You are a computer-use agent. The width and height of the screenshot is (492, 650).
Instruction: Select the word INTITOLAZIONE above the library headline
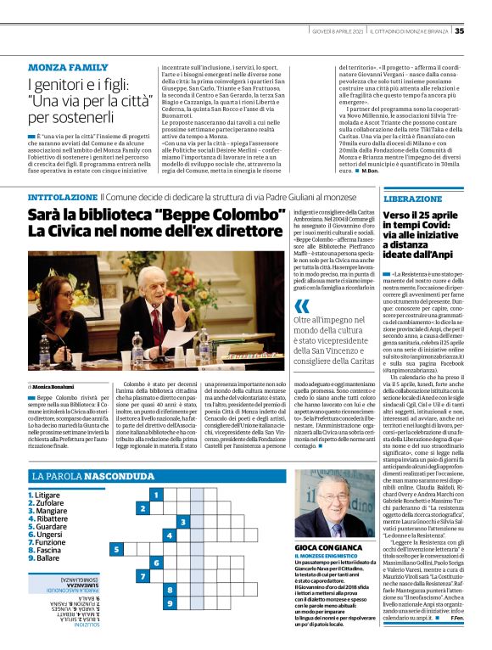57,197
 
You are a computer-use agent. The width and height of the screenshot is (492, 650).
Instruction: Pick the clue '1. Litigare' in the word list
47,495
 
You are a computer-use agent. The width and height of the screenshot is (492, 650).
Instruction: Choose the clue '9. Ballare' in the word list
46,559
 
